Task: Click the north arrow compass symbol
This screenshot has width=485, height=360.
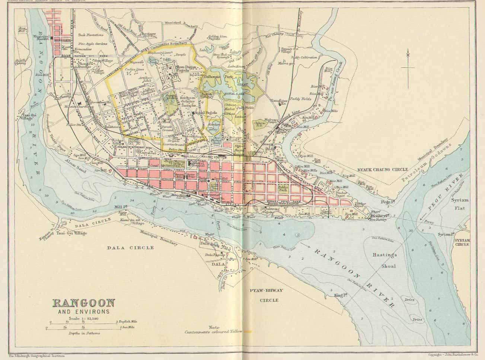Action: pos(408,67)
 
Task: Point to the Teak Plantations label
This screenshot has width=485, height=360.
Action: pos(91,35)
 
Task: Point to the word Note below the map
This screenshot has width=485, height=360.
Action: pos(214,327)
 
